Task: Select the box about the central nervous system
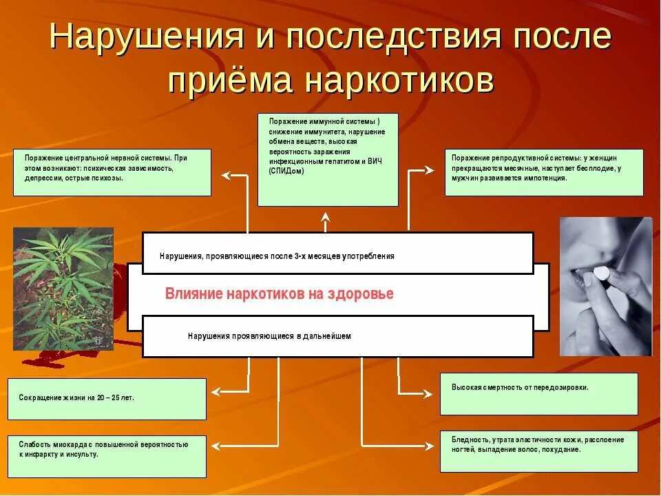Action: (x=112, y=172)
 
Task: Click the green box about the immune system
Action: (x=328, y=160)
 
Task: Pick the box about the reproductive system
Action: (x=544, y=172)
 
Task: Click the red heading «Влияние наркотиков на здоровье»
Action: (x=279, y=294)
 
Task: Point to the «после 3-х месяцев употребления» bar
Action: (x=337, y=254)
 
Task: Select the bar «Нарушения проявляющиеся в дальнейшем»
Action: (x=337, y=336)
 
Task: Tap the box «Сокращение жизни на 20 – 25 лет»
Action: (x=107, y=399)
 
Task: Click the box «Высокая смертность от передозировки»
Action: (x=538, y=393)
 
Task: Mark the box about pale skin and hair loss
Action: (x=538, y=451)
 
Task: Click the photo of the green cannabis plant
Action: (x=63, y=289)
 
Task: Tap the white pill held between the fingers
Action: (x=600, y=273)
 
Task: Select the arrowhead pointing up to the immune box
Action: (x=326, y=218)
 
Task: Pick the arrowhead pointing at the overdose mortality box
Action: (x=430, y=393)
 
